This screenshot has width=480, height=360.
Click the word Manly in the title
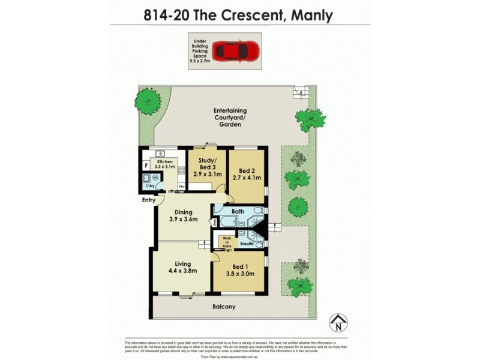(x=311, y=14)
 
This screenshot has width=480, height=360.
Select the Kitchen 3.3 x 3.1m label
(x=165, y=165)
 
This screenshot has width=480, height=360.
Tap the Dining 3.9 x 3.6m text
(x=182, y=216)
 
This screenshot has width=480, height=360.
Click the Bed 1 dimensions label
(x=240, y=270)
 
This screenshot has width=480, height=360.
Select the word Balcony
(x=224, y=307)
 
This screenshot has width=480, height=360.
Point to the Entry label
(x=149, y=200)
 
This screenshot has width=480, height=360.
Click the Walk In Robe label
(x=227, y=242)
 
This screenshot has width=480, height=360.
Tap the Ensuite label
(x=247, y=244)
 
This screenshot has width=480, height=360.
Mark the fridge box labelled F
(x=145, y=166)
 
